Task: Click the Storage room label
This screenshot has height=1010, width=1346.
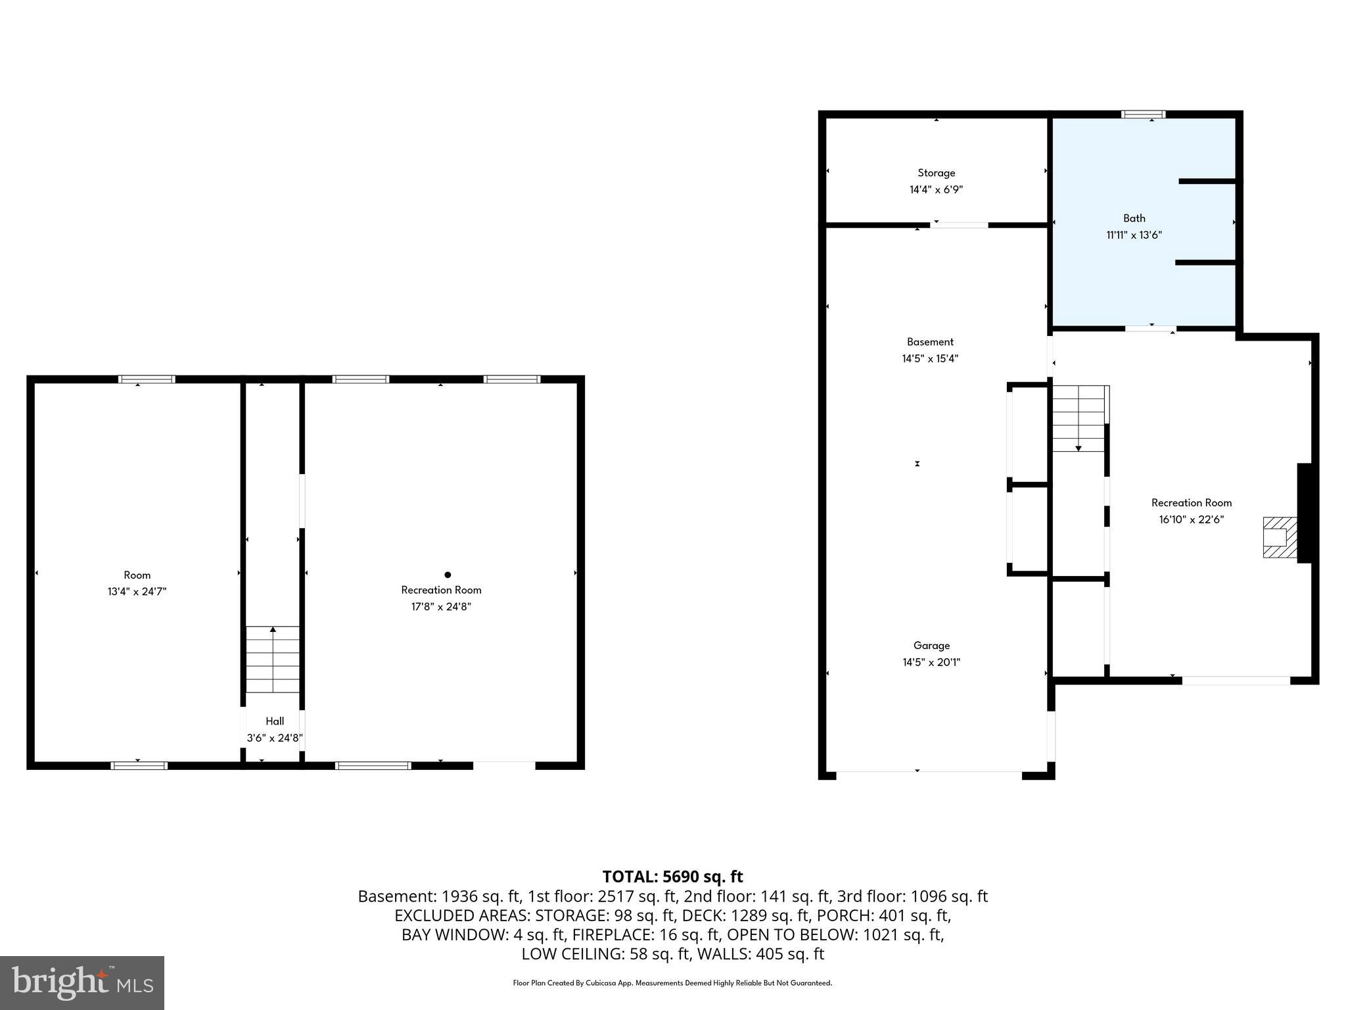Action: pos(936,173)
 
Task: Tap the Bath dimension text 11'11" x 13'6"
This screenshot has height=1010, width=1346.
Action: pos(1134,235)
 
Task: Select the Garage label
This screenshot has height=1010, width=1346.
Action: pos(931,646)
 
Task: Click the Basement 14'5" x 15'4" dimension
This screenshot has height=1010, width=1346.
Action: pos(930,358)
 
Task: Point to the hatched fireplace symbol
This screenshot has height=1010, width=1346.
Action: pos(1279,538)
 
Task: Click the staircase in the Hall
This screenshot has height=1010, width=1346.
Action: pos(273,659)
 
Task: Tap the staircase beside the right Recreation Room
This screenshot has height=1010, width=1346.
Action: pos(1079,418)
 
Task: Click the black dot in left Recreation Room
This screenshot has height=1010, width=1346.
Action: pos(448,575)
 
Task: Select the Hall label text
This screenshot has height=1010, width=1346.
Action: pos(275,721)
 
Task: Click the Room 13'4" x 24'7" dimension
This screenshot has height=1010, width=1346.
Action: pos(137,591)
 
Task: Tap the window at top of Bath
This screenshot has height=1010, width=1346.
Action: pos(1143,114)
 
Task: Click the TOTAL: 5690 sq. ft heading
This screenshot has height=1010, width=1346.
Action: pos(672,877)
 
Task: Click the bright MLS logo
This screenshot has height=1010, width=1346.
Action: pos(82,982)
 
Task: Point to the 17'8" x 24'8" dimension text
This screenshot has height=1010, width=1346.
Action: pos(441,606)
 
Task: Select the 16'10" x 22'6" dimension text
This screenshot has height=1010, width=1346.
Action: pos(1191,519)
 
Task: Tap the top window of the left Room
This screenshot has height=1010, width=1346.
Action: pos(147,379)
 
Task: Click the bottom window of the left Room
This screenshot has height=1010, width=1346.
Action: pos(139,765)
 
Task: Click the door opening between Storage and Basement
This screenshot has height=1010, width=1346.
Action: pos(959,226)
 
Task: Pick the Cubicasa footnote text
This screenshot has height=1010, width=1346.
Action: pos(672,983)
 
